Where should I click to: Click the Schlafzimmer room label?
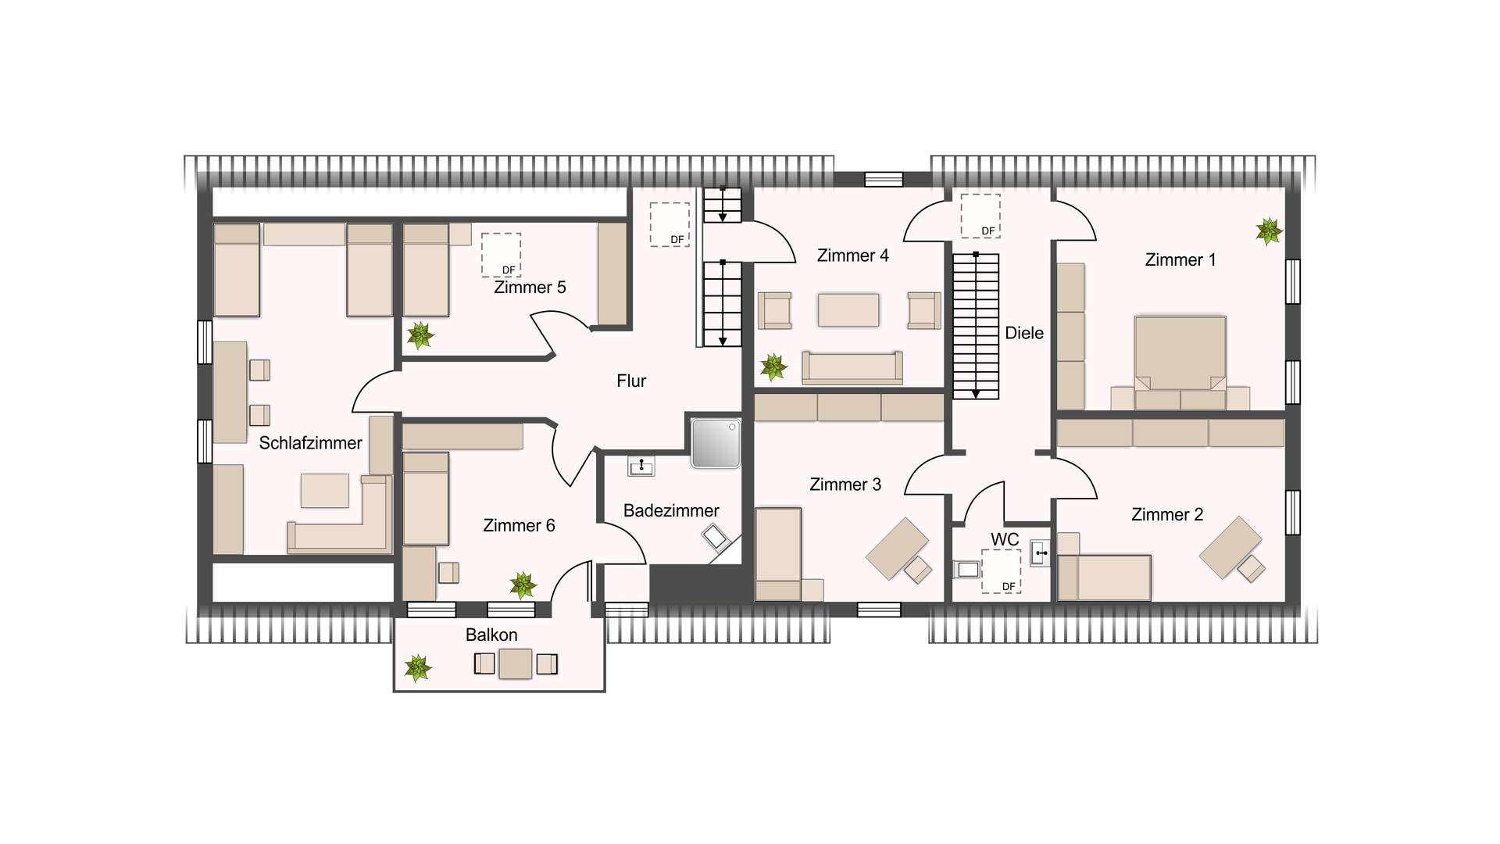(310, 443)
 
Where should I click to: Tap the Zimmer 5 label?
(530, 288)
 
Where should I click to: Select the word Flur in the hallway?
(631, 381)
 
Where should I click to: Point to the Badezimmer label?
(671, 511)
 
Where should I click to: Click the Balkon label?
(491, 635)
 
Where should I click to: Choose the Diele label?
(1024, 333)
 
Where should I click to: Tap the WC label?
(1005, 539)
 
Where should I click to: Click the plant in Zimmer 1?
(1269, 231)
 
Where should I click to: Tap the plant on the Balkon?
(418, 668)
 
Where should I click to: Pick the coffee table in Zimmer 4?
(848, 309)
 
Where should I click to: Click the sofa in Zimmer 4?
(852, 367)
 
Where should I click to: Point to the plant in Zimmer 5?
(420, 335)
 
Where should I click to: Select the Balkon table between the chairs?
(516, 663)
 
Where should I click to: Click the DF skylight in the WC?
(1001, 571)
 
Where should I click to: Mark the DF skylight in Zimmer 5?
(501, 255)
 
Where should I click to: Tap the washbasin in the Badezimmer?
(641, 467)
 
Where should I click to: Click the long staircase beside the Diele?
(976, 326)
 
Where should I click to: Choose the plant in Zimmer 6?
(523, 585)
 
